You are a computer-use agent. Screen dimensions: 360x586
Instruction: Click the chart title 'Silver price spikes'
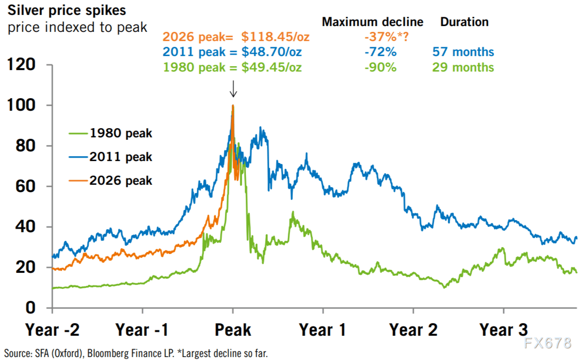[x=67, y=11]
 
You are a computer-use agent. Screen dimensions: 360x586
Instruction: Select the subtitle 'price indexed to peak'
[x=77, y=27]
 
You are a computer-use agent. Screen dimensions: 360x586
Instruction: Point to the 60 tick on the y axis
[x=29, y=186]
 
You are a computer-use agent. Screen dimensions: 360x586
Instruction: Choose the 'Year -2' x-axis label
[x=52, y=330]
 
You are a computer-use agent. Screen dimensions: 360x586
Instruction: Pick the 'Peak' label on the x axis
[x=233, y=330]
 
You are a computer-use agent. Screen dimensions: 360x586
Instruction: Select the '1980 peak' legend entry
[x=120, y=134]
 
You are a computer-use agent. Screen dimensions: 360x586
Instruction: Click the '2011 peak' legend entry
[x=120, y=157]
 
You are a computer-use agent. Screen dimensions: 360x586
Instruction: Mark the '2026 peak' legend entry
[x=120, y=181]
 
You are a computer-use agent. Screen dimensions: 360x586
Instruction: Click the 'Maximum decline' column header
[x=372, y=22]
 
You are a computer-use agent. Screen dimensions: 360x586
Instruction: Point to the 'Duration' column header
[x=464, y=22]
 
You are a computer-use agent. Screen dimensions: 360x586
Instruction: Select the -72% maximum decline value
[x=380, y=52]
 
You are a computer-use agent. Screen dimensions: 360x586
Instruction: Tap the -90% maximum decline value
[x=380, y=67]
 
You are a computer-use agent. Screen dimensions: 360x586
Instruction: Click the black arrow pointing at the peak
[x=233, y=89]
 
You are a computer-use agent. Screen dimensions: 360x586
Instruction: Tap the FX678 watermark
[x=548, y=343]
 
